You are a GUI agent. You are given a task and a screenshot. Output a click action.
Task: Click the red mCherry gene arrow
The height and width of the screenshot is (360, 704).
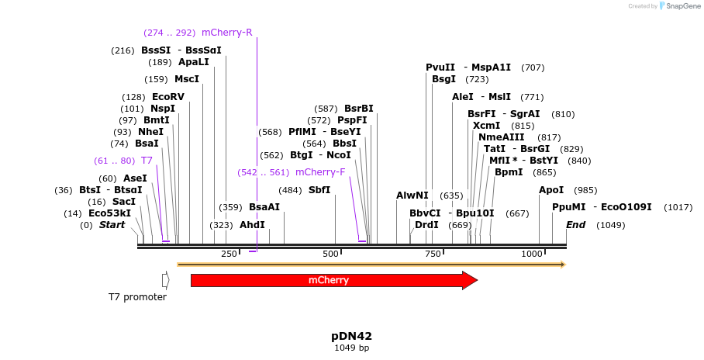tap(333, 280)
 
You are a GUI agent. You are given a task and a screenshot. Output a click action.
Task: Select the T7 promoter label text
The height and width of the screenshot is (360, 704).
tap(137, 297)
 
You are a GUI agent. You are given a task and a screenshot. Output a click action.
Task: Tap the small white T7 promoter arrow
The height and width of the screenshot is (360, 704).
tap(165, 280)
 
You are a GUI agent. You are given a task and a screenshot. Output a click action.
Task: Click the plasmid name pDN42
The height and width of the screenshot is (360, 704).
tap(351, 336)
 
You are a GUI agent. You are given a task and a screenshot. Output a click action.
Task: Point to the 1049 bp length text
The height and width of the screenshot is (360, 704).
tap(351, 348)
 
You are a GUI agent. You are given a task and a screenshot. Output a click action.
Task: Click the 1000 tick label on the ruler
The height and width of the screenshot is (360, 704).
tap(532, 254)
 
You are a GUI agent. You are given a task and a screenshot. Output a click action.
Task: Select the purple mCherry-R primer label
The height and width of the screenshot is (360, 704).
tap(226, 33)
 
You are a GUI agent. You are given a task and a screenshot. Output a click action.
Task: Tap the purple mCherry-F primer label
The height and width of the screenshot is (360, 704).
tap(320, 172)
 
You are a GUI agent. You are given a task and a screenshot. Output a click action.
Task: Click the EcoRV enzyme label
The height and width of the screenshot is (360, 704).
tap(168, 97)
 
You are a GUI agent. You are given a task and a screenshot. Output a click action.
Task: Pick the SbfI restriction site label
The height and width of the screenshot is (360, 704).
tap(319, 190)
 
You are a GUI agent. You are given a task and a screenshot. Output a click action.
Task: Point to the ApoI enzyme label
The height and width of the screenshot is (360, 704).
tap(551, 190)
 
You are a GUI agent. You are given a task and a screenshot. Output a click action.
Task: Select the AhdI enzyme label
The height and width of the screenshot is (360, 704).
tap(252, 225)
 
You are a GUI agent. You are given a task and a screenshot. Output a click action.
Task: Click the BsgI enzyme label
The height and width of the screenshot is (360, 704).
tap(444, 79)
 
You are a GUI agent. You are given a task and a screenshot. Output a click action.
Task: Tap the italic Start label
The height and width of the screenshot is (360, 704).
tap(112, 225)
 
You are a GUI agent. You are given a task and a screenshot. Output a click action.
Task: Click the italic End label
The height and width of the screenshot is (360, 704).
tap(575, 225)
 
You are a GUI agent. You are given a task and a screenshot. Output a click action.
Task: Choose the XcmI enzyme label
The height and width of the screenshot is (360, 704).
tap(486, 126)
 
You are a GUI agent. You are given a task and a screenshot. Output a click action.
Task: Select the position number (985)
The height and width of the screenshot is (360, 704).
tap(585, 190)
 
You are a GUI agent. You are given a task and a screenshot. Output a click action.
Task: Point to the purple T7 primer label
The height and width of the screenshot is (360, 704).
tap(147, 161)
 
